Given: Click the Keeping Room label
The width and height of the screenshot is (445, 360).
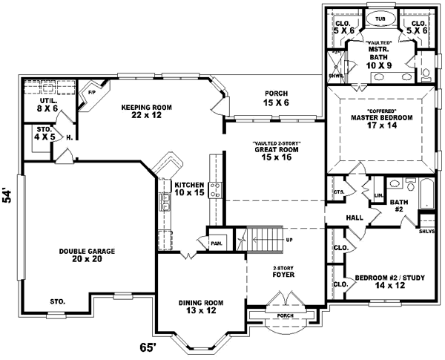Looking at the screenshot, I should (x=147, y=112).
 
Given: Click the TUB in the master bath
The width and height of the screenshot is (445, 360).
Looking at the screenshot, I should (x=380, y=19).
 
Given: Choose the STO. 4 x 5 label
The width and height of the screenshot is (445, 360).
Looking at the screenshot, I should (x=46, y=134).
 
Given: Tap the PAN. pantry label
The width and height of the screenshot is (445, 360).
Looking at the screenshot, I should (x=217, y=242).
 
